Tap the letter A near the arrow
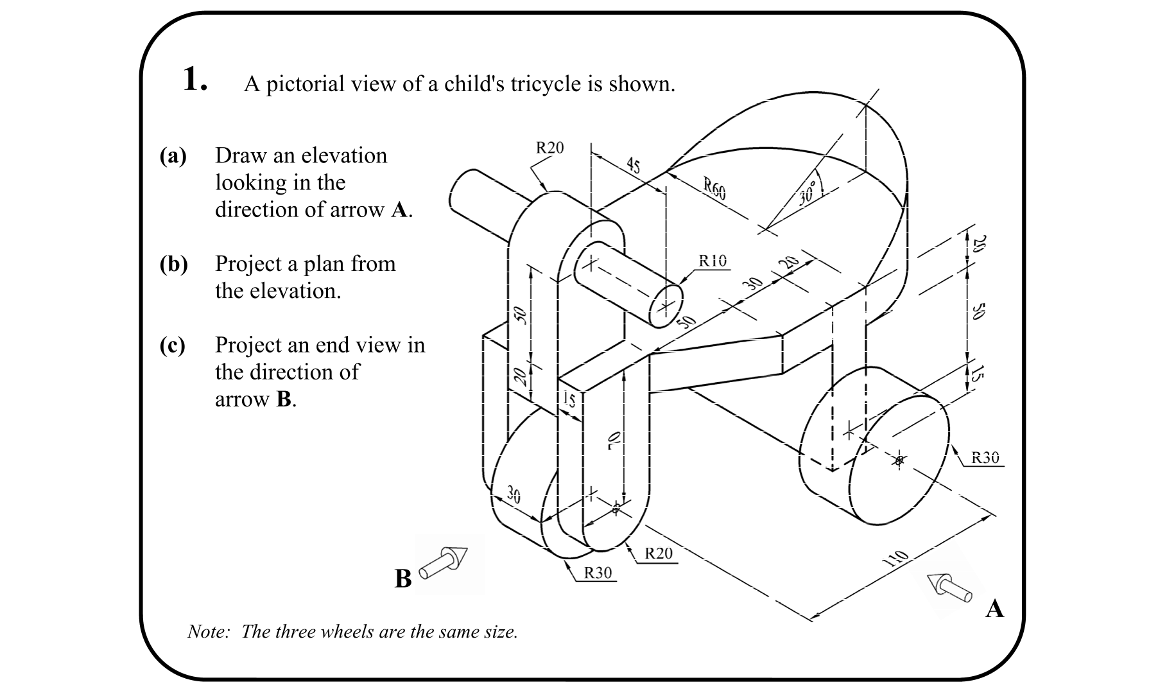click(994, 608)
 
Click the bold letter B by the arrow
click(403, 579)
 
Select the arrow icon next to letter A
click(951, 586)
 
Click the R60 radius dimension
click(714, 189)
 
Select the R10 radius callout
click(713, 261)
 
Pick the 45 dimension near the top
click(634, 166)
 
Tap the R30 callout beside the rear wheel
click(985, 458)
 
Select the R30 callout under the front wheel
click(598, 573)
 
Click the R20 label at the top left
click(549, 148)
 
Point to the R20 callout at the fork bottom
click(658, 554)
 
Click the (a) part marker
click(173, 156)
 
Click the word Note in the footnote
click(207, 632)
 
